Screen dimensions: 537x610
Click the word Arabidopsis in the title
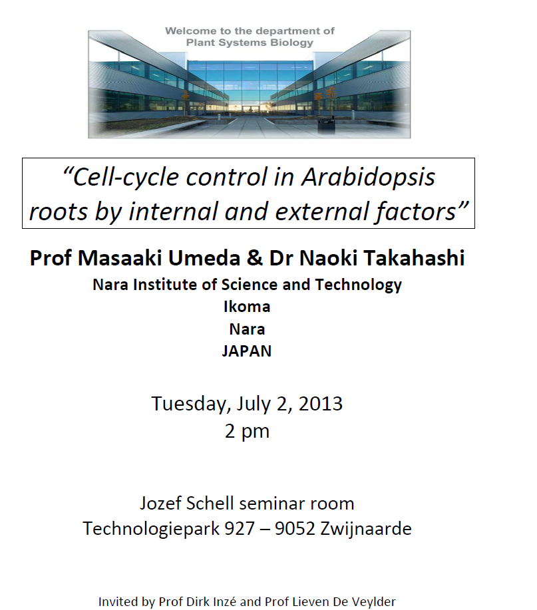coord(368,178)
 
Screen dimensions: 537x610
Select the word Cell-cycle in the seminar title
coord(125,178)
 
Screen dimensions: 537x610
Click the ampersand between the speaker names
coord(254,258)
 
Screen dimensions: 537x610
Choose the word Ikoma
coord(247,307)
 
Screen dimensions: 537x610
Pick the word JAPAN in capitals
coord(247,351)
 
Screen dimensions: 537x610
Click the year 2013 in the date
coord(321,404)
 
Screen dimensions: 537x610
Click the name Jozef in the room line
coord(160,504)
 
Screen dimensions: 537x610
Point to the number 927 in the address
coord(240,529)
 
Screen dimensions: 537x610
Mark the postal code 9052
coord(295,529)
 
